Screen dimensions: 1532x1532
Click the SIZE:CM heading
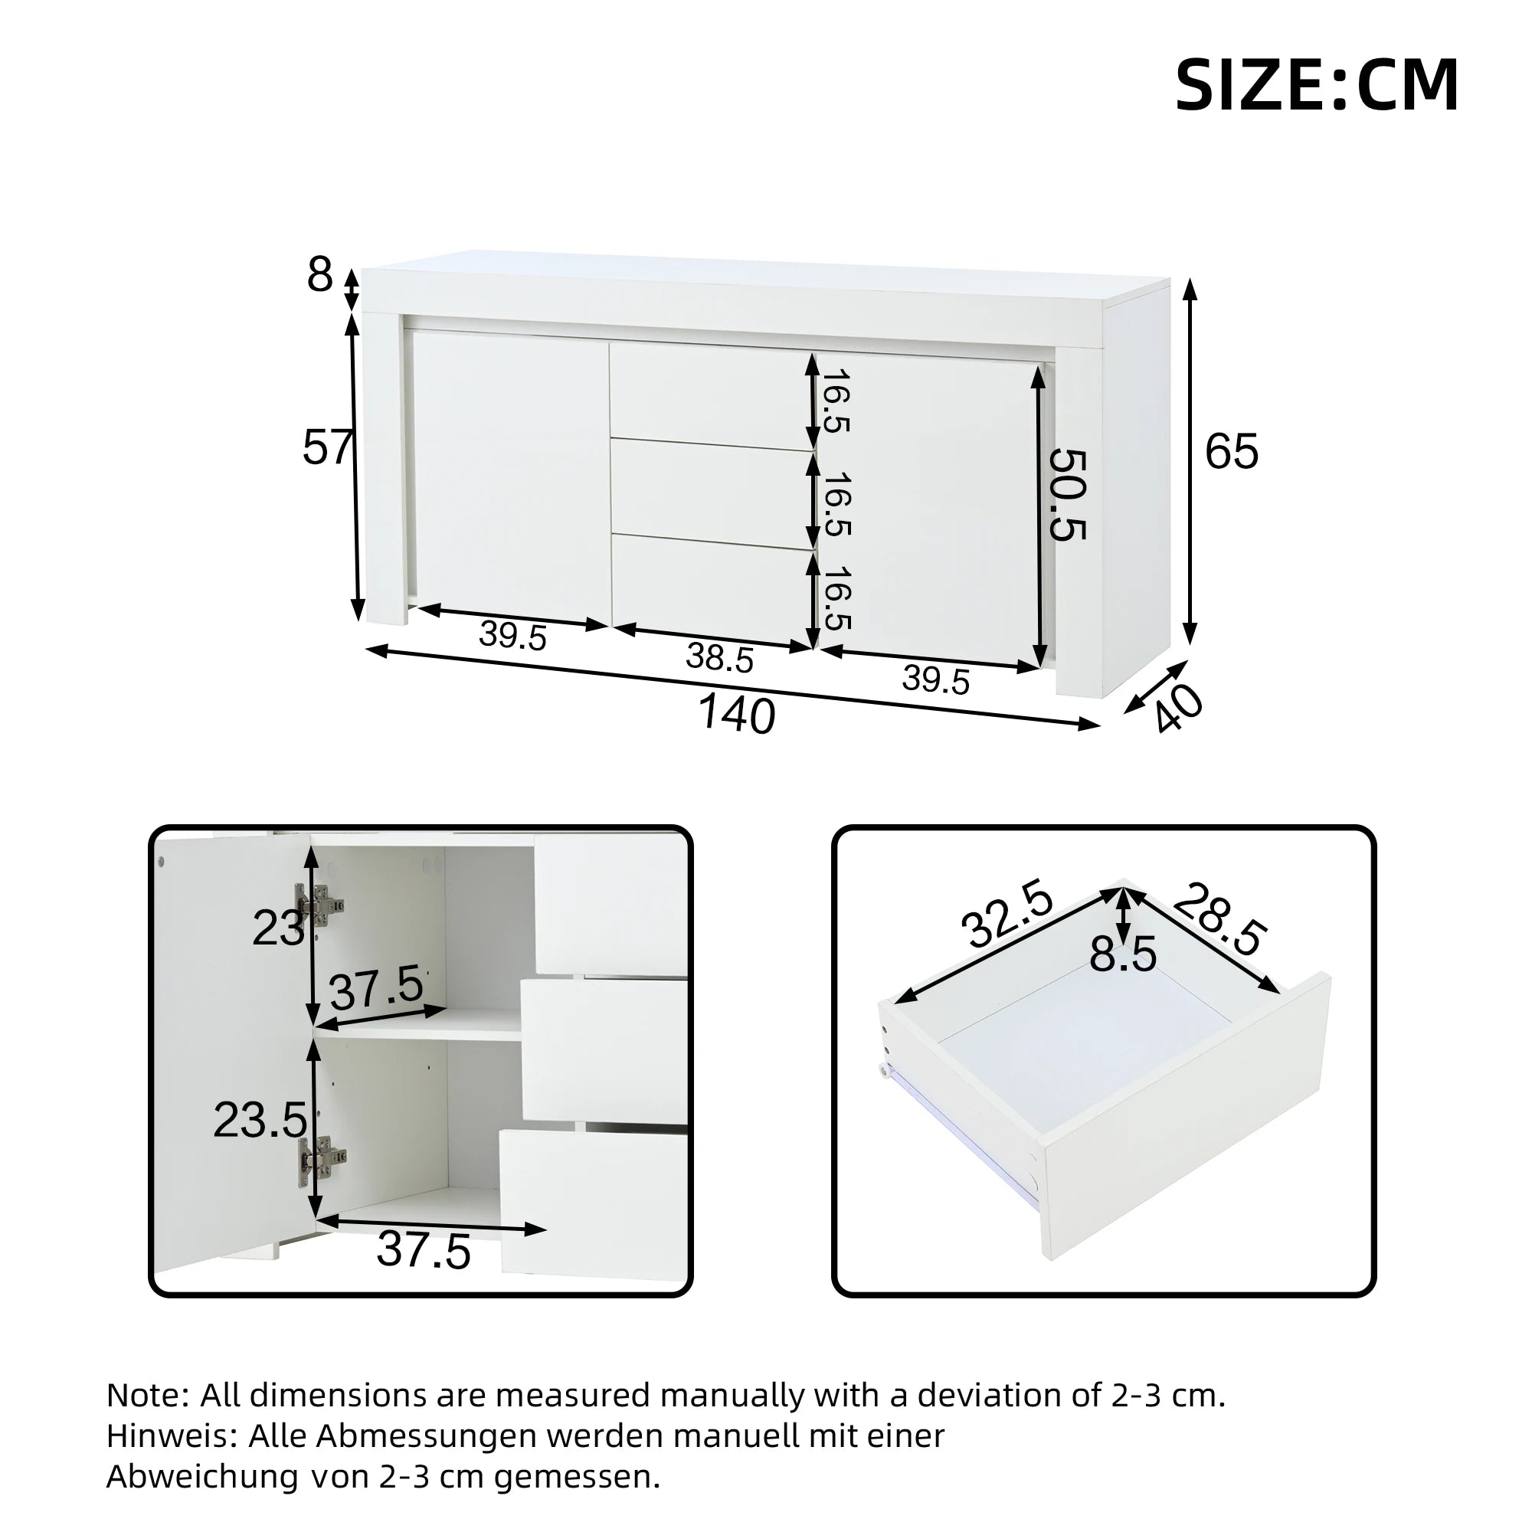point(1315,87)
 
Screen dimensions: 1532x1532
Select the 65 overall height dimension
point(1232,452)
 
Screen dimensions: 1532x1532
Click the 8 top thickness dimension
point(319,275)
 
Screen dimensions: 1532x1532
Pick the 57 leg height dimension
point(327,447)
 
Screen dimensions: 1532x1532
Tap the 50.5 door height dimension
point(1066,495)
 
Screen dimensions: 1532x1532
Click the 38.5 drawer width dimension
point(719,657)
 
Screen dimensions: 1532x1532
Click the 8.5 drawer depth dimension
point(1123,954)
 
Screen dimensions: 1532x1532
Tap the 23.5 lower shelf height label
point(260,1121)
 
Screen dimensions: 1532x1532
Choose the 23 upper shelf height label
point(277,928)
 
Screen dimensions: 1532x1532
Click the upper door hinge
point(319,904)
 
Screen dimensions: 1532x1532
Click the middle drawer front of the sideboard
point(712,493)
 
